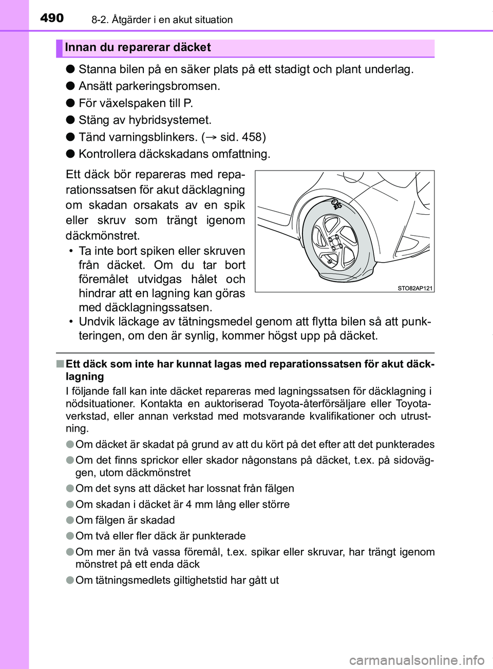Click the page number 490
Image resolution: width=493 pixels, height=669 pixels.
(x=52, y=18)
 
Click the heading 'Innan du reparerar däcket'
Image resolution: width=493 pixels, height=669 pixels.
(x=138, y=47)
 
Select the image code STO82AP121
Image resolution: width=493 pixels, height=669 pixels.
(x=415, y=288)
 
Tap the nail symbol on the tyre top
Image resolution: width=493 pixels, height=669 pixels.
(x=336, y=204)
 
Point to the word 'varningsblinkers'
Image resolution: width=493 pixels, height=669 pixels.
(x=137, y=137)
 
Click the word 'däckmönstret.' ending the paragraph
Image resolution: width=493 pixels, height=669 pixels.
(x=103, y=236)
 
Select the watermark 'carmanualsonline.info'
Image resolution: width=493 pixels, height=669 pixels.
(x=416, y=660)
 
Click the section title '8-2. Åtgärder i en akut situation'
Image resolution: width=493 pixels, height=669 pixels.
(x=162, y=20)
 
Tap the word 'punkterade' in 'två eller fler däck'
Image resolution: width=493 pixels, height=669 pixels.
(x=220, y=536)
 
